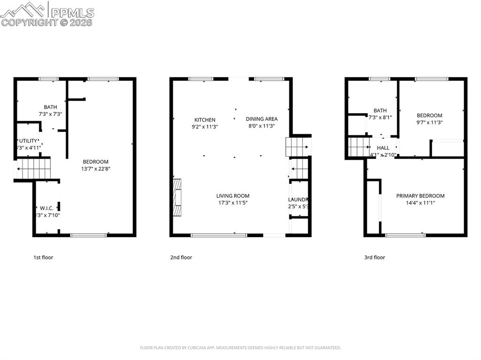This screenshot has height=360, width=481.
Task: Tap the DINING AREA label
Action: [x=262, y=119]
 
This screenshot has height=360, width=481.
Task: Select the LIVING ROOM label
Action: [x=233, y=196]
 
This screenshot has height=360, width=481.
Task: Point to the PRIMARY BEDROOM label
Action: [x=420, y=196]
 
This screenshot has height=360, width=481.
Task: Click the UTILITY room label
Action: [x=28, y=141]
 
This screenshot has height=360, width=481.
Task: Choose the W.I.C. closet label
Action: [x=46, y=208]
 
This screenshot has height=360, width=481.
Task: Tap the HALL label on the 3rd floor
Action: [x=383, y=148]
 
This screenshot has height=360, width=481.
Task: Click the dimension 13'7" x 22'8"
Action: [x=95, y=169]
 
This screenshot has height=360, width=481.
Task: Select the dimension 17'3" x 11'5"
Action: [x=233, y=203]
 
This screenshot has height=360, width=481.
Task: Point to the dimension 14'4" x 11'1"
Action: [x=420, y=203]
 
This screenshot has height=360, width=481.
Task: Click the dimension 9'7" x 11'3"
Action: [x=429, y=123]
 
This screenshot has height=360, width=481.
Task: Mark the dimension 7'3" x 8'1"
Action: [x=380, y=118]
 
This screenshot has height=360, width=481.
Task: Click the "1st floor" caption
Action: [x=43, y=257]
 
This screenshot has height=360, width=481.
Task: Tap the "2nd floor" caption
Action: [x=181, y=257]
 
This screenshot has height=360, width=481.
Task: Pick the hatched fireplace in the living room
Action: [x=177, y=198]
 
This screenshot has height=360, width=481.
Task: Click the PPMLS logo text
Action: [x=72, y=13]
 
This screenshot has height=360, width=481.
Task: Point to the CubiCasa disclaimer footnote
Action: [x=240, y=348]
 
